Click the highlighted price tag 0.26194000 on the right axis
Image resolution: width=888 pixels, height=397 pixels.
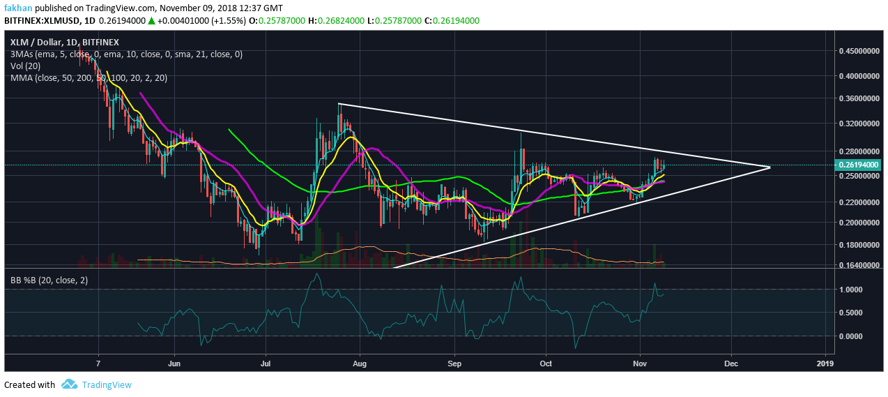tap(860, 165)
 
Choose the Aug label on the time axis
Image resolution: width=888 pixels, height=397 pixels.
tap(360, 364)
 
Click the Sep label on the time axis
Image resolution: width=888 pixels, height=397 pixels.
tap(454, 364)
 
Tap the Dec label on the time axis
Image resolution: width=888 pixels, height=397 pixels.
tap(732, 364)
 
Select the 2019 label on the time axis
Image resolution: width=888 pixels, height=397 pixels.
tap(825, 364)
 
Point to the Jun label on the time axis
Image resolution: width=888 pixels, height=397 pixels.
tap(174, 364)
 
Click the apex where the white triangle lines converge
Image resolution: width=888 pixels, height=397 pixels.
tap(770, 167)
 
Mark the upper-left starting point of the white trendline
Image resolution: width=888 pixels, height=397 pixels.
tap(338, 104)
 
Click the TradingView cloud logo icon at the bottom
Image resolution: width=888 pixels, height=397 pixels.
tap(69, 384)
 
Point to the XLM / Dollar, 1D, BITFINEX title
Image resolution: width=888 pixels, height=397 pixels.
tap(65, 42)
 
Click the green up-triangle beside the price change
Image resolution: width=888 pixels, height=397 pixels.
tap(152, 21)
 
